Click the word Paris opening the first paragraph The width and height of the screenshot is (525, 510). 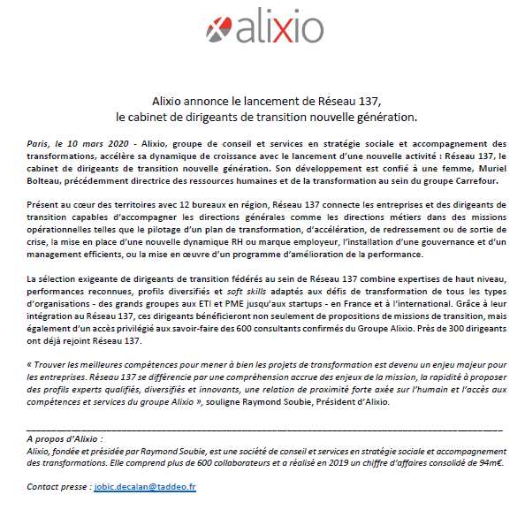click(x=39, y=143)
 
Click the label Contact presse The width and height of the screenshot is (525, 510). click(x=60, y=487)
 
